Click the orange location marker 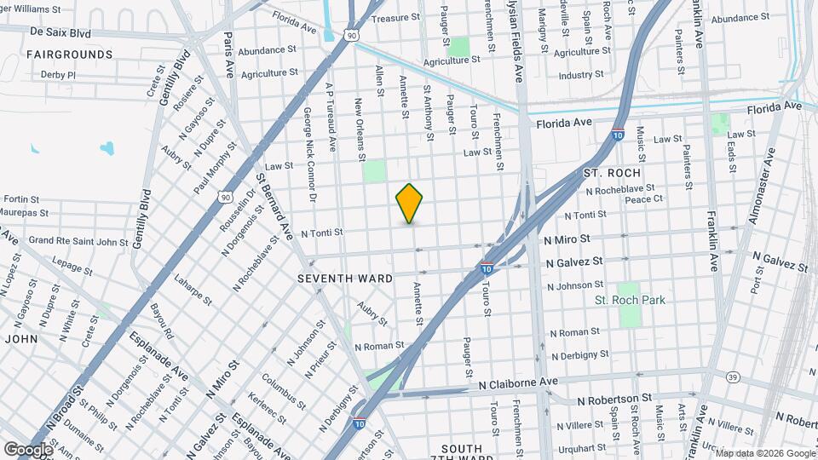[x=410, y=203]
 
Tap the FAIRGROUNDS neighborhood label [x=70, y=55]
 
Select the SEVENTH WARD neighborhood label [x=345, y=279]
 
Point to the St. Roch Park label [x=630, y=300]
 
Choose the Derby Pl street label [x=58, y=75]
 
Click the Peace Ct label [x=643, y=199]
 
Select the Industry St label [x=581, y=75]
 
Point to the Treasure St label [x=396, y=18]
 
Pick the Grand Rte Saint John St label [x=78, y=241]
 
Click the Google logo [x=28, y=449]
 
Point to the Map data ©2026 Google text [x=765, y=453]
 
